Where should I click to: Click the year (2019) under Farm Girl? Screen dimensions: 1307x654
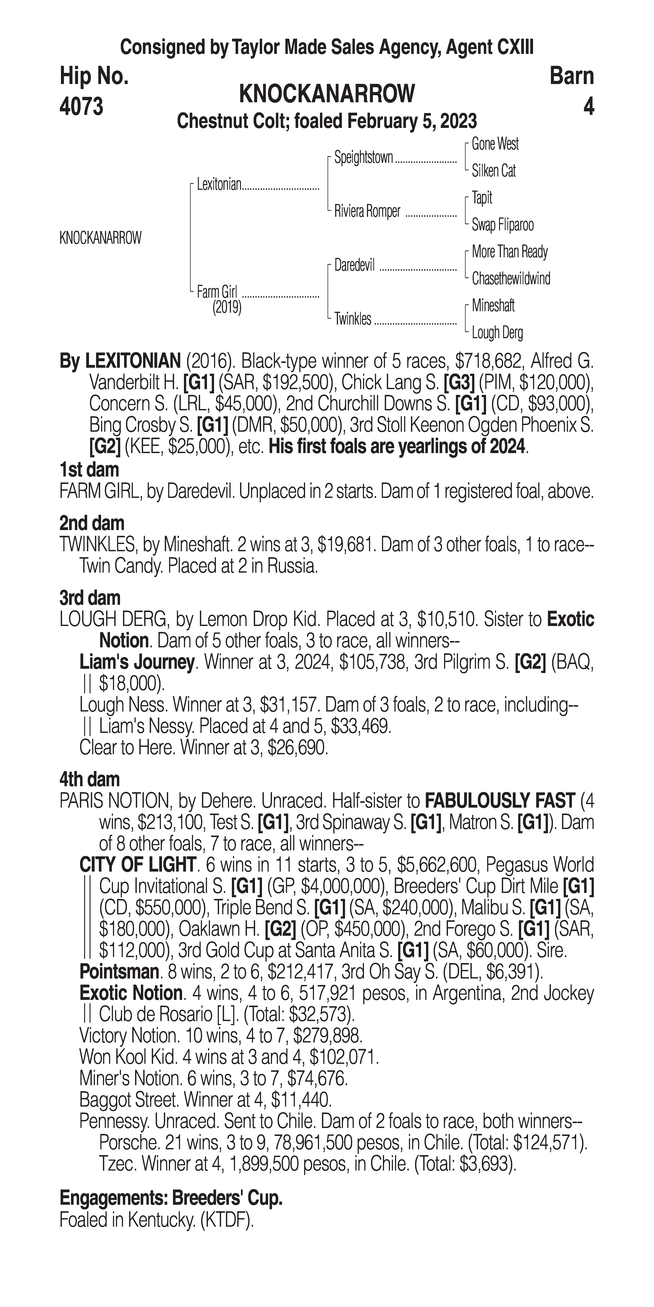(x=227, y=308)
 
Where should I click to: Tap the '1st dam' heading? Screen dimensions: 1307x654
(x=89, y=470)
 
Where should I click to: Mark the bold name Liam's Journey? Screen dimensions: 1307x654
(x=137, y=662)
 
